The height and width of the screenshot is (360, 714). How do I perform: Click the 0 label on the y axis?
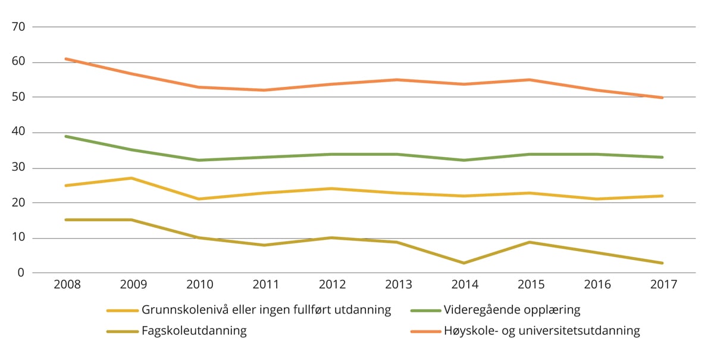coord(20,273)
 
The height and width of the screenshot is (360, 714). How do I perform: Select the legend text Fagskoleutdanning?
coord(194,331)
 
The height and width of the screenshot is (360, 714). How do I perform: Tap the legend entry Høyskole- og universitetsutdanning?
coord(541,331)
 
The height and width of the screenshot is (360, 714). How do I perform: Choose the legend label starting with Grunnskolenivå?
coord(266,310)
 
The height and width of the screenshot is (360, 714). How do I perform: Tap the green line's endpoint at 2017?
coord(662,157)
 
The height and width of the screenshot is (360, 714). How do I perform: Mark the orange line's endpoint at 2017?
coord(662,98)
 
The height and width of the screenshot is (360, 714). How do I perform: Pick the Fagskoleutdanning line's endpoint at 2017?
coord(662,262)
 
